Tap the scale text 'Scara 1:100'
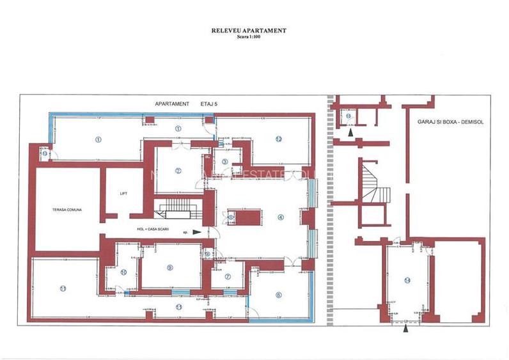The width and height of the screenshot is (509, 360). tap(249, 37)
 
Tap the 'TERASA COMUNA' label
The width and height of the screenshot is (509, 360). tap(67, 209)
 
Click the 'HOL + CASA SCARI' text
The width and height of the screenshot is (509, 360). tap(153, 228)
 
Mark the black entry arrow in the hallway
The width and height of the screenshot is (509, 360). tap(196, 232)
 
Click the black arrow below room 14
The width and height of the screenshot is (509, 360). tap(406, 330)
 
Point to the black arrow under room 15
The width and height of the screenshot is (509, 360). tap(350, 132)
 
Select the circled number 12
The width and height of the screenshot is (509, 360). tap(279, 138)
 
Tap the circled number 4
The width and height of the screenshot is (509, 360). tap(280, 216)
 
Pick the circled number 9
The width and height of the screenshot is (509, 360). tap(169, 267)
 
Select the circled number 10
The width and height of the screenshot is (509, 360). tap(123, 272)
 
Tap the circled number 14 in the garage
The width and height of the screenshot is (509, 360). tap(407, 280)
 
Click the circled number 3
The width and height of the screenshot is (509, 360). tap(224, 161)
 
